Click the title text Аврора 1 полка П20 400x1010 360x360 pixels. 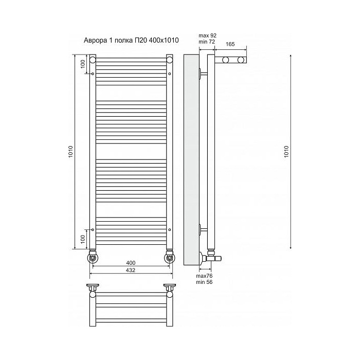[131, 41]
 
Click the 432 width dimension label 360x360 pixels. [131, 270]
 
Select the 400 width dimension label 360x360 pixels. [131, 263]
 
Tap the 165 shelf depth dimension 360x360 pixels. [230, 44]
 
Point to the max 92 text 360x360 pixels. [208, 35]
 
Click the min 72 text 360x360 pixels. [207, 42]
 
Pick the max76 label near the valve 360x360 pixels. [204, 276]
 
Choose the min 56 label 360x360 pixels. [204, 282]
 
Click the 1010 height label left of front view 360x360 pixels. [70, 152]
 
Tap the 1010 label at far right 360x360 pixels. [286, 152]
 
